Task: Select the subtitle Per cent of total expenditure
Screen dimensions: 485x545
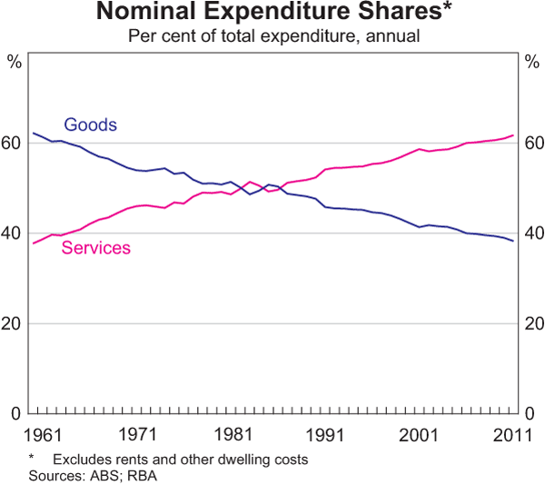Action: tap(272, 35)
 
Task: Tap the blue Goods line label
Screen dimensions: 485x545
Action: tap(90, 125)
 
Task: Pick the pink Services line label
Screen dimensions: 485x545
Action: tap(96, 247)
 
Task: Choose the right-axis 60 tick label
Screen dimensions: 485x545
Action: tap(532, 144)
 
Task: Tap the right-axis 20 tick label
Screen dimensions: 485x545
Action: tap(532, 323)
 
